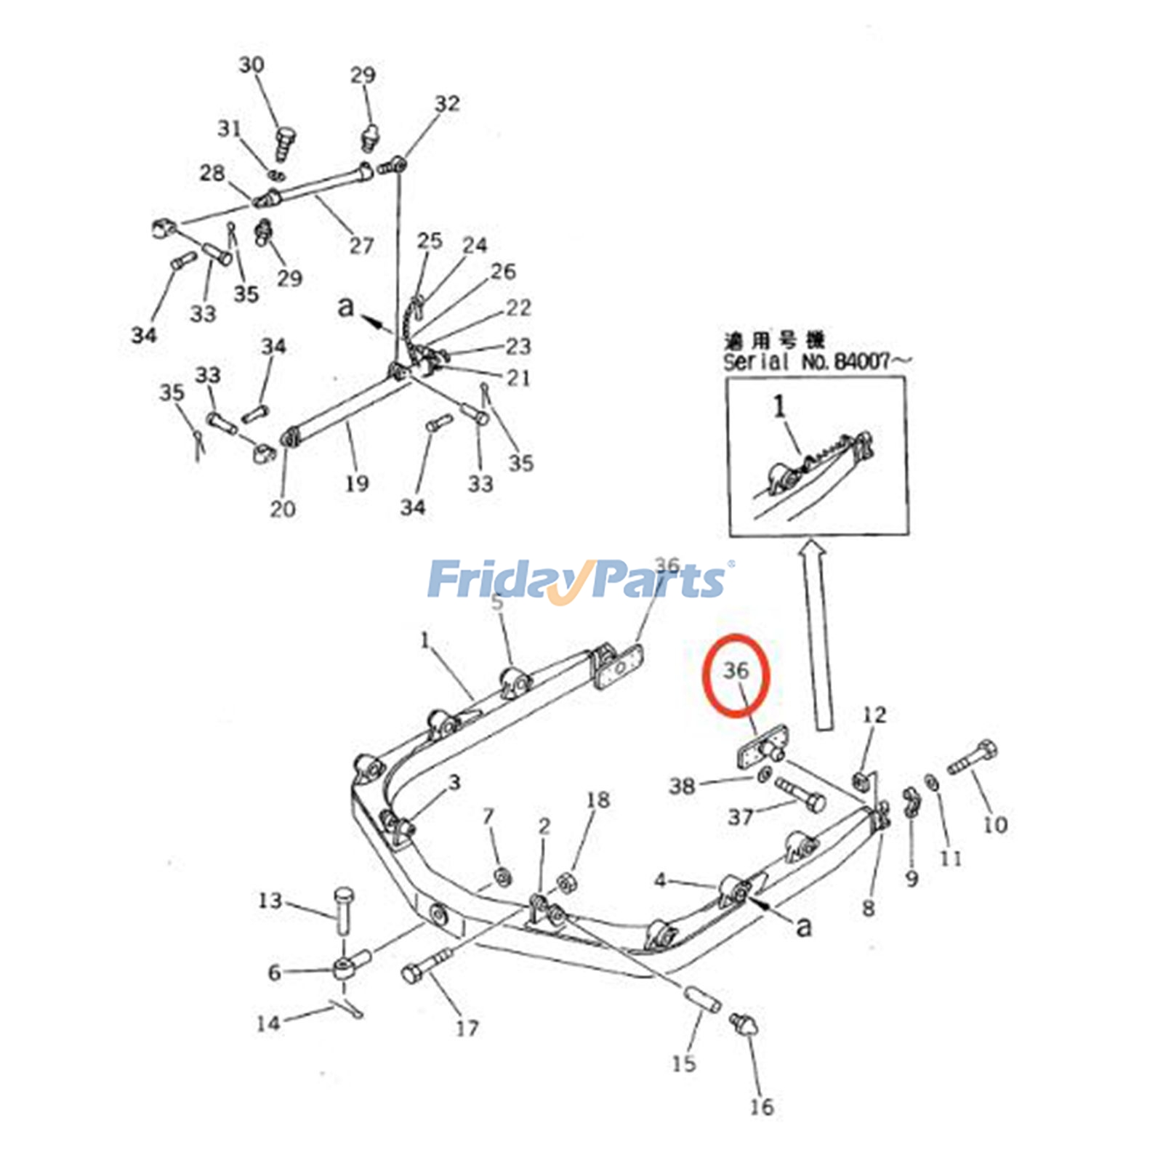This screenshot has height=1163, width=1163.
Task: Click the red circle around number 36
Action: (x=736, y=675)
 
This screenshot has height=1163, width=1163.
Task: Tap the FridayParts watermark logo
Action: (x=578, y=580)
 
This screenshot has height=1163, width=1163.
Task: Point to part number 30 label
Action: (x=251, y=65)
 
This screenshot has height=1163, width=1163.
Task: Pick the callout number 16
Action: (x=762, y=1106)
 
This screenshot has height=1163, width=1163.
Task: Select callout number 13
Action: (x=270, y=901)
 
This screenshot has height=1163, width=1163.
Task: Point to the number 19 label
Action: (x=357, y=483)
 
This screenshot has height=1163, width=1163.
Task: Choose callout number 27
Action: (x=361, y=246)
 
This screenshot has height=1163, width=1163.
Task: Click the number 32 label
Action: (x=447, y=104)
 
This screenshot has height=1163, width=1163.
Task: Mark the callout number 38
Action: (x=682, y=785)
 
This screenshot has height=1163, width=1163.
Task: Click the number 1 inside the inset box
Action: (x=779, y=406)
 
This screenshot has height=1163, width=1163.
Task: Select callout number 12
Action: (x=874, y=715)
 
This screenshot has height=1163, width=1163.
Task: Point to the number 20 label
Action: (x=283, y=509)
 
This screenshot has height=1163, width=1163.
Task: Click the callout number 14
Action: (x=268, y=1023)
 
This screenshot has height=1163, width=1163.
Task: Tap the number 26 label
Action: (x=503, y=271)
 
